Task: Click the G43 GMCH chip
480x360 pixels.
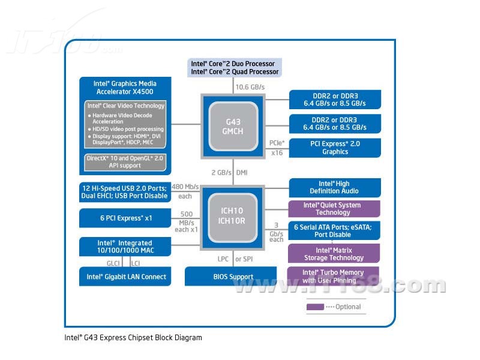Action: (233, 126)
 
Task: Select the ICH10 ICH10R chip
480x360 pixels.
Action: (233, 215)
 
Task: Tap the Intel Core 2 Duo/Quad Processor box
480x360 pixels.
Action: (233, 68)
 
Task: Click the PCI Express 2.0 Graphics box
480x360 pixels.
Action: (334, 148)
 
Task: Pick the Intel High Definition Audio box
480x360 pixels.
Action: (334, 187)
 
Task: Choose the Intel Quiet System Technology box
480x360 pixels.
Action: (334, 209)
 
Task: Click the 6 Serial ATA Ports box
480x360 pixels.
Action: (334, 230)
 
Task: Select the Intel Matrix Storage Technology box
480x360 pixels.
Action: (334, 253)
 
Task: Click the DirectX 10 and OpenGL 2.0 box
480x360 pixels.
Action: (125, 161)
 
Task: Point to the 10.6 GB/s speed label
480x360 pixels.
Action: (250, 88)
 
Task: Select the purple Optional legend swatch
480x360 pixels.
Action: (315, 307)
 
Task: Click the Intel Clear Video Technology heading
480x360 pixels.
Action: (125, 106)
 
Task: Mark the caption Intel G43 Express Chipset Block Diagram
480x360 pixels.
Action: (133, 338)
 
